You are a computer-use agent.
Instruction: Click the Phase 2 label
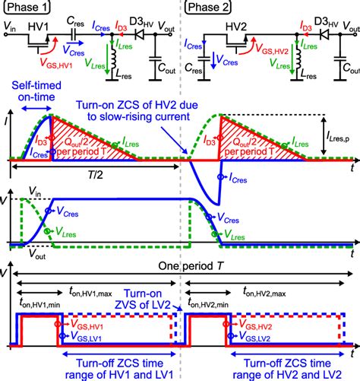[210, 8]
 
